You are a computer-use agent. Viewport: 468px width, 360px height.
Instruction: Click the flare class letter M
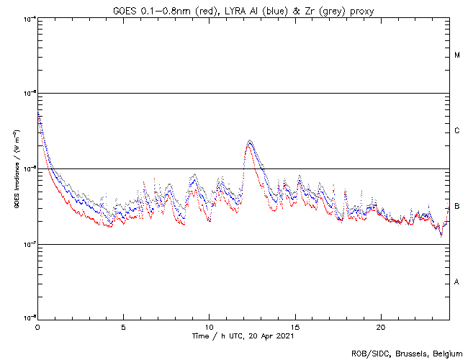[x=457, y=55]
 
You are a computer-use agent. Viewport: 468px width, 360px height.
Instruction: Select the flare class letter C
[x=457, y=131]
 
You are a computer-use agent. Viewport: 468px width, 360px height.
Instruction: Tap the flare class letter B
[x=457, y=207]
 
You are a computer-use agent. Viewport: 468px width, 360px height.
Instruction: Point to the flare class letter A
[x=457, y=282]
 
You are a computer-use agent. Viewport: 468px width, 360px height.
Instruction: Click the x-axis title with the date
[x=243, y=336]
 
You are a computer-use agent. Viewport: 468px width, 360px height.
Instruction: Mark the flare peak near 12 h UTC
[x=249, y=141]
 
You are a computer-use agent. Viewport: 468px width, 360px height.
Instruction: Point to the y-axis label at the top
[x=29, y=18]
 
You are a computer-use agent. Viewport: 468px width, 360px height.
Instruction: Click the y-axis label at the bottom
[x=29, y=318]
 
